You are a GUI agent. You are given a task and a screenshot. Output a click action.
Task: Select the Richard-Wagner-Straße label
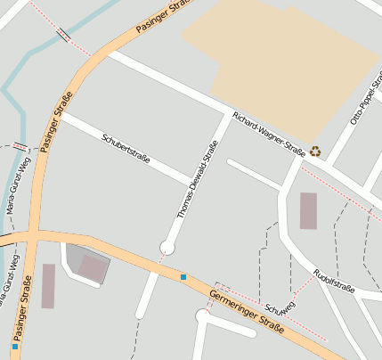point(269,135)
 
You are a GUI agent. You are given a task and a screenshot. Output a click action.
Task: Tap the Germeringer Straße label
point(247,310)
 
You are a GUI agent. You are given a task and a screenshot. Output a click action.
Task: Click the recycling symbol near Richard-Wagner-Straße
point(314,151)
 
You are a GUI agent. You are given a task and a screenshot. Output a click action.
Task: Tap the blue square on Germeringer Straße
point(183,277)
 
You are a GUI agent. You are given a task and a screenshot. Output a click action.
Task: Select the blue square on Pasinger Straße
point(15,345)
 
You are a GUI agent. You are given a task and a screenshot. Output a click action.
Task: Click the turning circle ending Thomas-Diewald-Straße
point(167,247)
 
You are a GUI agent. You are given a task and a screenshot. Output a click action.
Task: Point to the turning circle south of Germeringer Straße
point(203,315)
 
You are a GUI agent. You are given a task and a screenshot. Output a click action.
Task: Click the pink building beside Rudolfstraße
point(308,210)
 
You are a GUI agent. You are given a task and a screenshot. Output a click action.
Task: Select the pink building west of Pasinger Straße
point(48,286)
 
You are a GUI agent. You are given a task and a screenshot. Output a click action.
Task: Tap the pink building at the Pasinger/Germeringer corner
point(92,266)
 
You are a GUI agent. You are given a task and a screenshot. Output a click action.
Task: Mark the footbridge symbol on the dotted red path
point(64,36)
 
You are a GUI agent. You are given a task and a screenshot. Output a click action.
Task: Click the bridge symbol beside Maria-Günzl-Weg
point(20,145)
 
